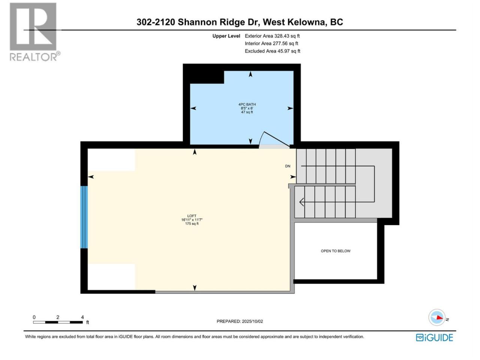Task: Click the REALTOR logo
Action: click(x=35, y=32)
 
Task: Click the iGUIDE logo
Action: click(x=434, y=337)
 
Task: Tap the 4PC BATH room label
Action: click(x=247, y=105)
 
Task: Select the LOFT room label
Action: click(x=192, y=216)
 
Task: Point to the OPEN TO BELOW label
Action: click(x=336, y=251)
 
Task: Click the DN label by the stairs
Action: click(x=288, y=166)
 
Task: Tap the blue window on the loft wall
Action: click(x=84, y=217)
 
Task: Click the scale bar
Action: click(x=58, y=322)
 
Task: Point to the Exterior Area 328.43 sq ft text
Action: click(x=272, y=36)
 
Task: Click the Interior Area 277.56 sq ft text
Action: click(x=271, y=43)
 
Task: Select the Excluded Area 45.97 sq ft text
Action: click(x=273, y=51)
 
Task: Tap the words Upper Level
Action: click(x=226, y=36)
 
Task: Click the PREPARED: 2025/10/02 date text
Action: click(x=240, y=321)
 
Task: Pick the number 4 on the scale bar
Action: click(x=82, y=317)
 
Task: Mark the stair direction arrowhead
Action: click(x=301, y=202)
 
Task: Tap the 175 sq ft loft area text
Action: click(x=192, y=223)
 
